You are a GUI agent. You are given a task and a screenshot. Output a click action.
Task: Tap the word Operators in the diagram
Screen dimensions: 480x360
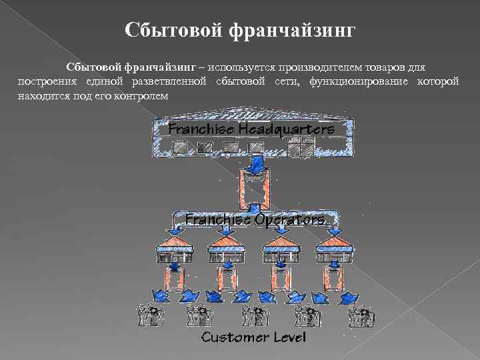[x=289, y=219]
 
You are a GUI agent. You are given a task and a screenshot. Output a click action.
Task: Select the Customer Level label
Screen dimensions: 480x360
[x=253, y=337]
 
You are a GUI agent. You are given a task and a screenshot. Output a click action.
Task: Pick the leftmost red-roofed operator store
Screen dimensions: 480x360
[x=174, y=249]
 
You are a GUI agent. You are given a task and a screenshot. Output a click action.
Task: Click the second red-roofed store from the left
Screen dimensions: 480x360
[x=227, y=249]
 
